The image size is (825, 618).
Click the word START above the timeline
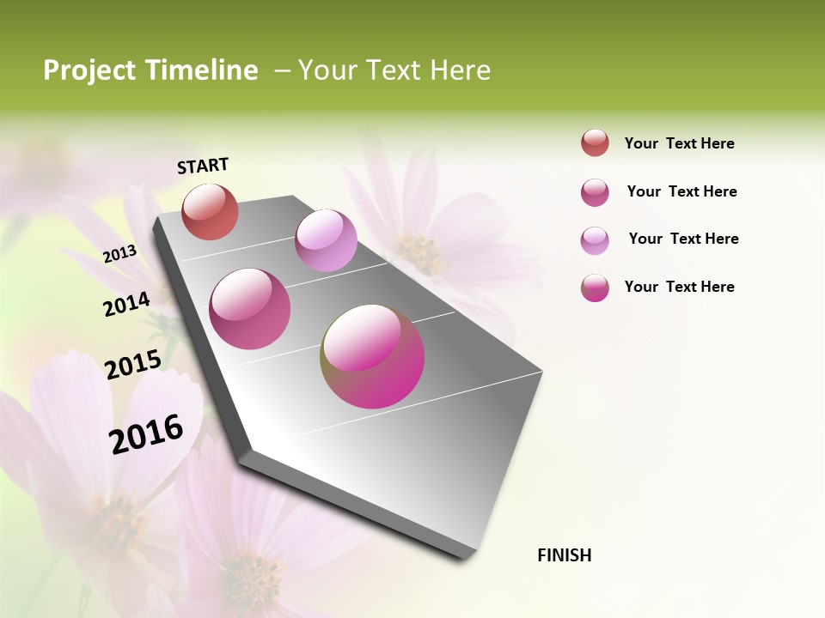point(203,166)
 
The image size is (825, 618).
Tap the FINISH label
point(564,555)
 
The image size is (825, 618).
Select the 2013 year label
point(119,253)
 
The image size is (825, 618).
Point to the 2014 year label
point(126,304)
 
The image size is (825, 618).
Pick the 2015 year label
point(133,364)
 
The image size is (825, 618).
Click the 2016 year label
point(146,433)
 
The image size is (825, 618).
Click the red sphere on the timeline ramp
point(210,211)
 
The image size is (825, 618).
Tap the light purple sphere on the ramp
point(326,240)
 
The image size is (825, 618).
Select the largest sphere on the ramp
point(372,356)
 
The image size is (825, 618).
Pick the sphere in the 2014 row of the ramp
point(249,309)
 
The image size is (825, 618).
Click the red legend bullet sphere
point(595,143)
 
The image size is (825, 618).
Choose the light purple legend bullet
point(595,240)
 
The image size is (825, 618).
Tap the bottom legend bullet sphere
point(595,288)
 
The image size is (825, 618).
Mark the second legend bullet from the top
point(595,192)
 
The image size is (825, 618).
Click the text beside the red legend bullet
point(679,143)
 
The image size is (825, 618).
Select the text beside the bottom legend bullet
point(679,287)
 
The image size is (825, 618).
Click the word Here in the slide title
point(460,70)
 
